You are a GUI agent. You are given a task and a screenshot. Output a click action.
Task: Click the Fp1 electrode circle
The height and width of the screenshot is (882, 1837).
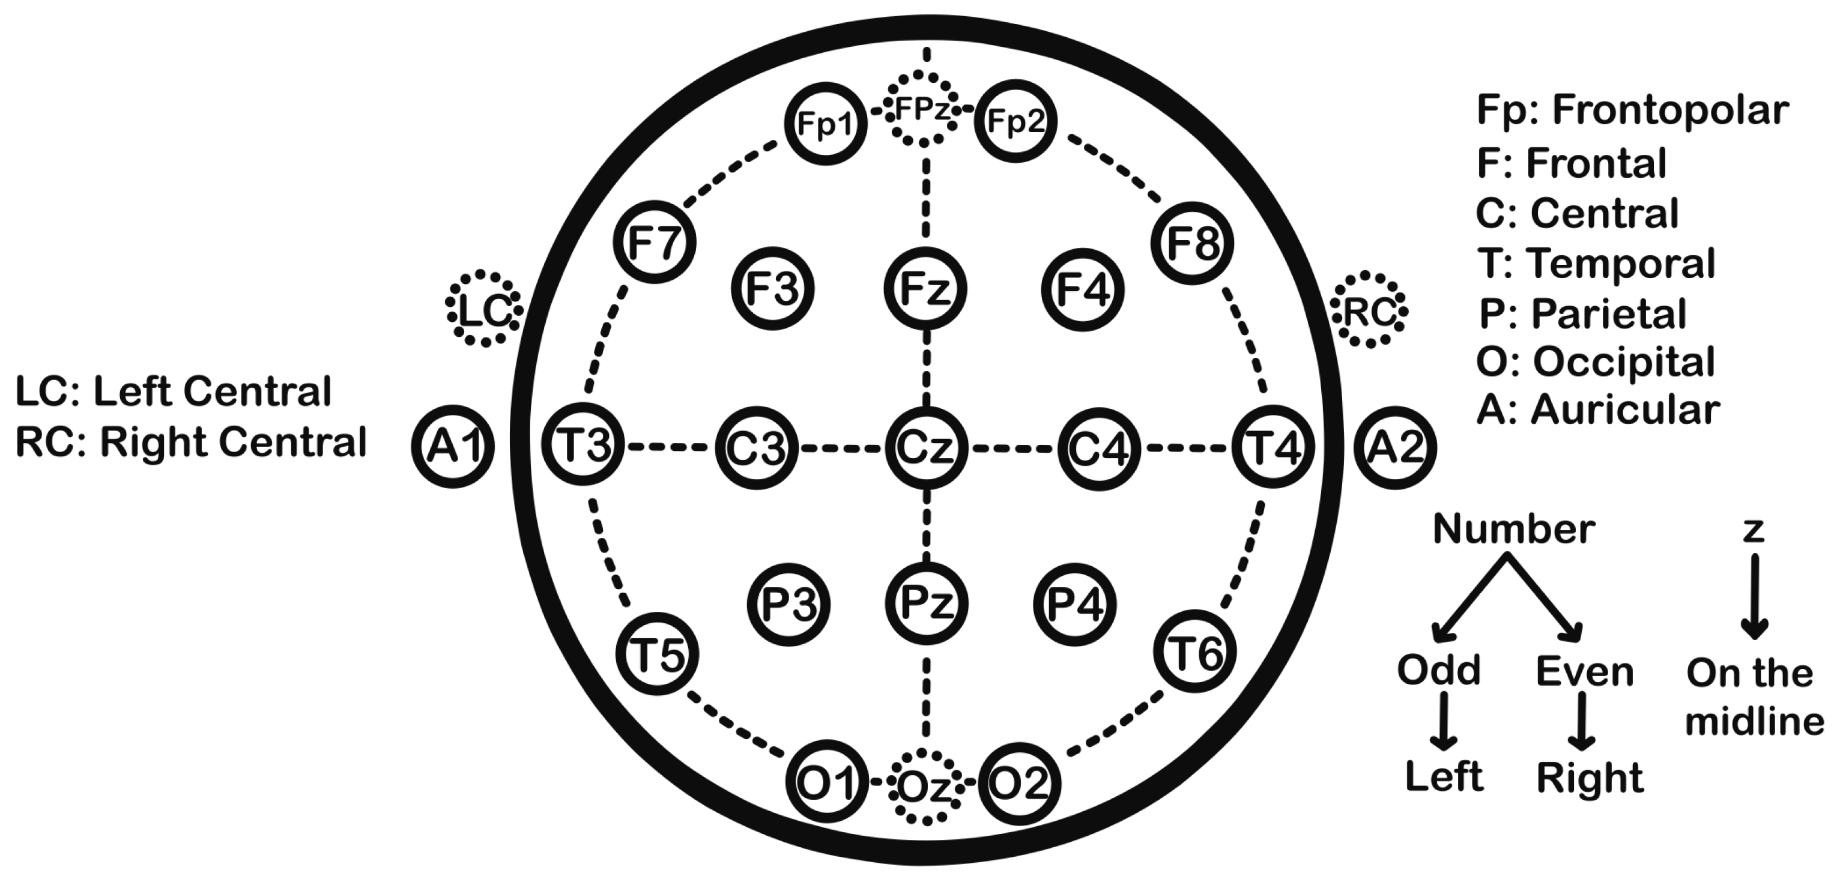[x=825, y=123]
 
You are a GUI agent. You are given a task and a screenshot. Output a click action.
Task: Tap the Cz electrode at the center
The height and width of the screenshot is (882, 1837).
[x=925, y=448]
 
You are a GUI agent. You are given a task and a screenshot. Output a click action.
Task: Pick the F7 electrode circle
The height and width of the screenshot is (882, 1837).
[x=654, y=243]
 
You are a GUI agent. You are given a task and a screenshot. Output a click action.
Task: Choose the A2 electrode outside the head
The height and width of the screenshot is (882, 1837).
[x=1394, y=447]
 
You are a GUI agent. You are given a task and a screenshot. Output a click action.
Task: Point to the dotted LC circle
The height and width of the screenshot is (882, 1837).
[x=484, y=309]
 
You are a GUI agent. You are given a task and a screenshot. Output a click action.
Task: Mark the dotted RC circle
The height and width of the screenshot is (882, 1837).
[x=1369, y=310]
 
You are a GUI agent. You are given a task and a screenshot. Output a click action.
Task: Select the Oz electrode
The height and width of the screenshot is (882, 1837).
[x=925, y=787]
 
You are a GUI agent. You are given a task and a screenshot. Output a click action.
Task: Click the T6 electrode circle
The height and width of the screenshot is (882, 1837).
[x=1194, y=651]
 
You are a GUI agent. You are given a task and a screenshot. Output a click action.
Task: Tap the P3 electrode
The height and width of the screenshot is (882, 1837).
[x=788, y=605]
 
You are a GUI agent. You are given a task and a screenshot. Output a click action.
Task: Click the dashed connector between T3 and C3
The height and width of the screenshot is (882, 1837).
[x=670, y=447]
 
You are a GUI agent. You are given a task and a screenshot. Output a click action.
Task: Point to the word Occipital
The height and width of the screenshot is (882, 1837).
[x=1624, y=362]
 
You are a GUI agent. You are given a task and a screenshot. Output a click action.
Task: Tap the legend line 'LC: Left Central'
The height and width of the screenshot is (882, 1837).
[x=174, y=391]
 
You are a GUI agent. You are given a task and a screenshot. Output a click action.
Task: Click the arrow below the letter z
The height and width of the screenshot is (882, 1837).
[x=1754, y=596]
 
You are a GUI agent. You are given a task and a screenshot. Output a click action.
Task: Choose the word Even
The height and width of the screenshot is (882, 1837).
[x=1584, y=672]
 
